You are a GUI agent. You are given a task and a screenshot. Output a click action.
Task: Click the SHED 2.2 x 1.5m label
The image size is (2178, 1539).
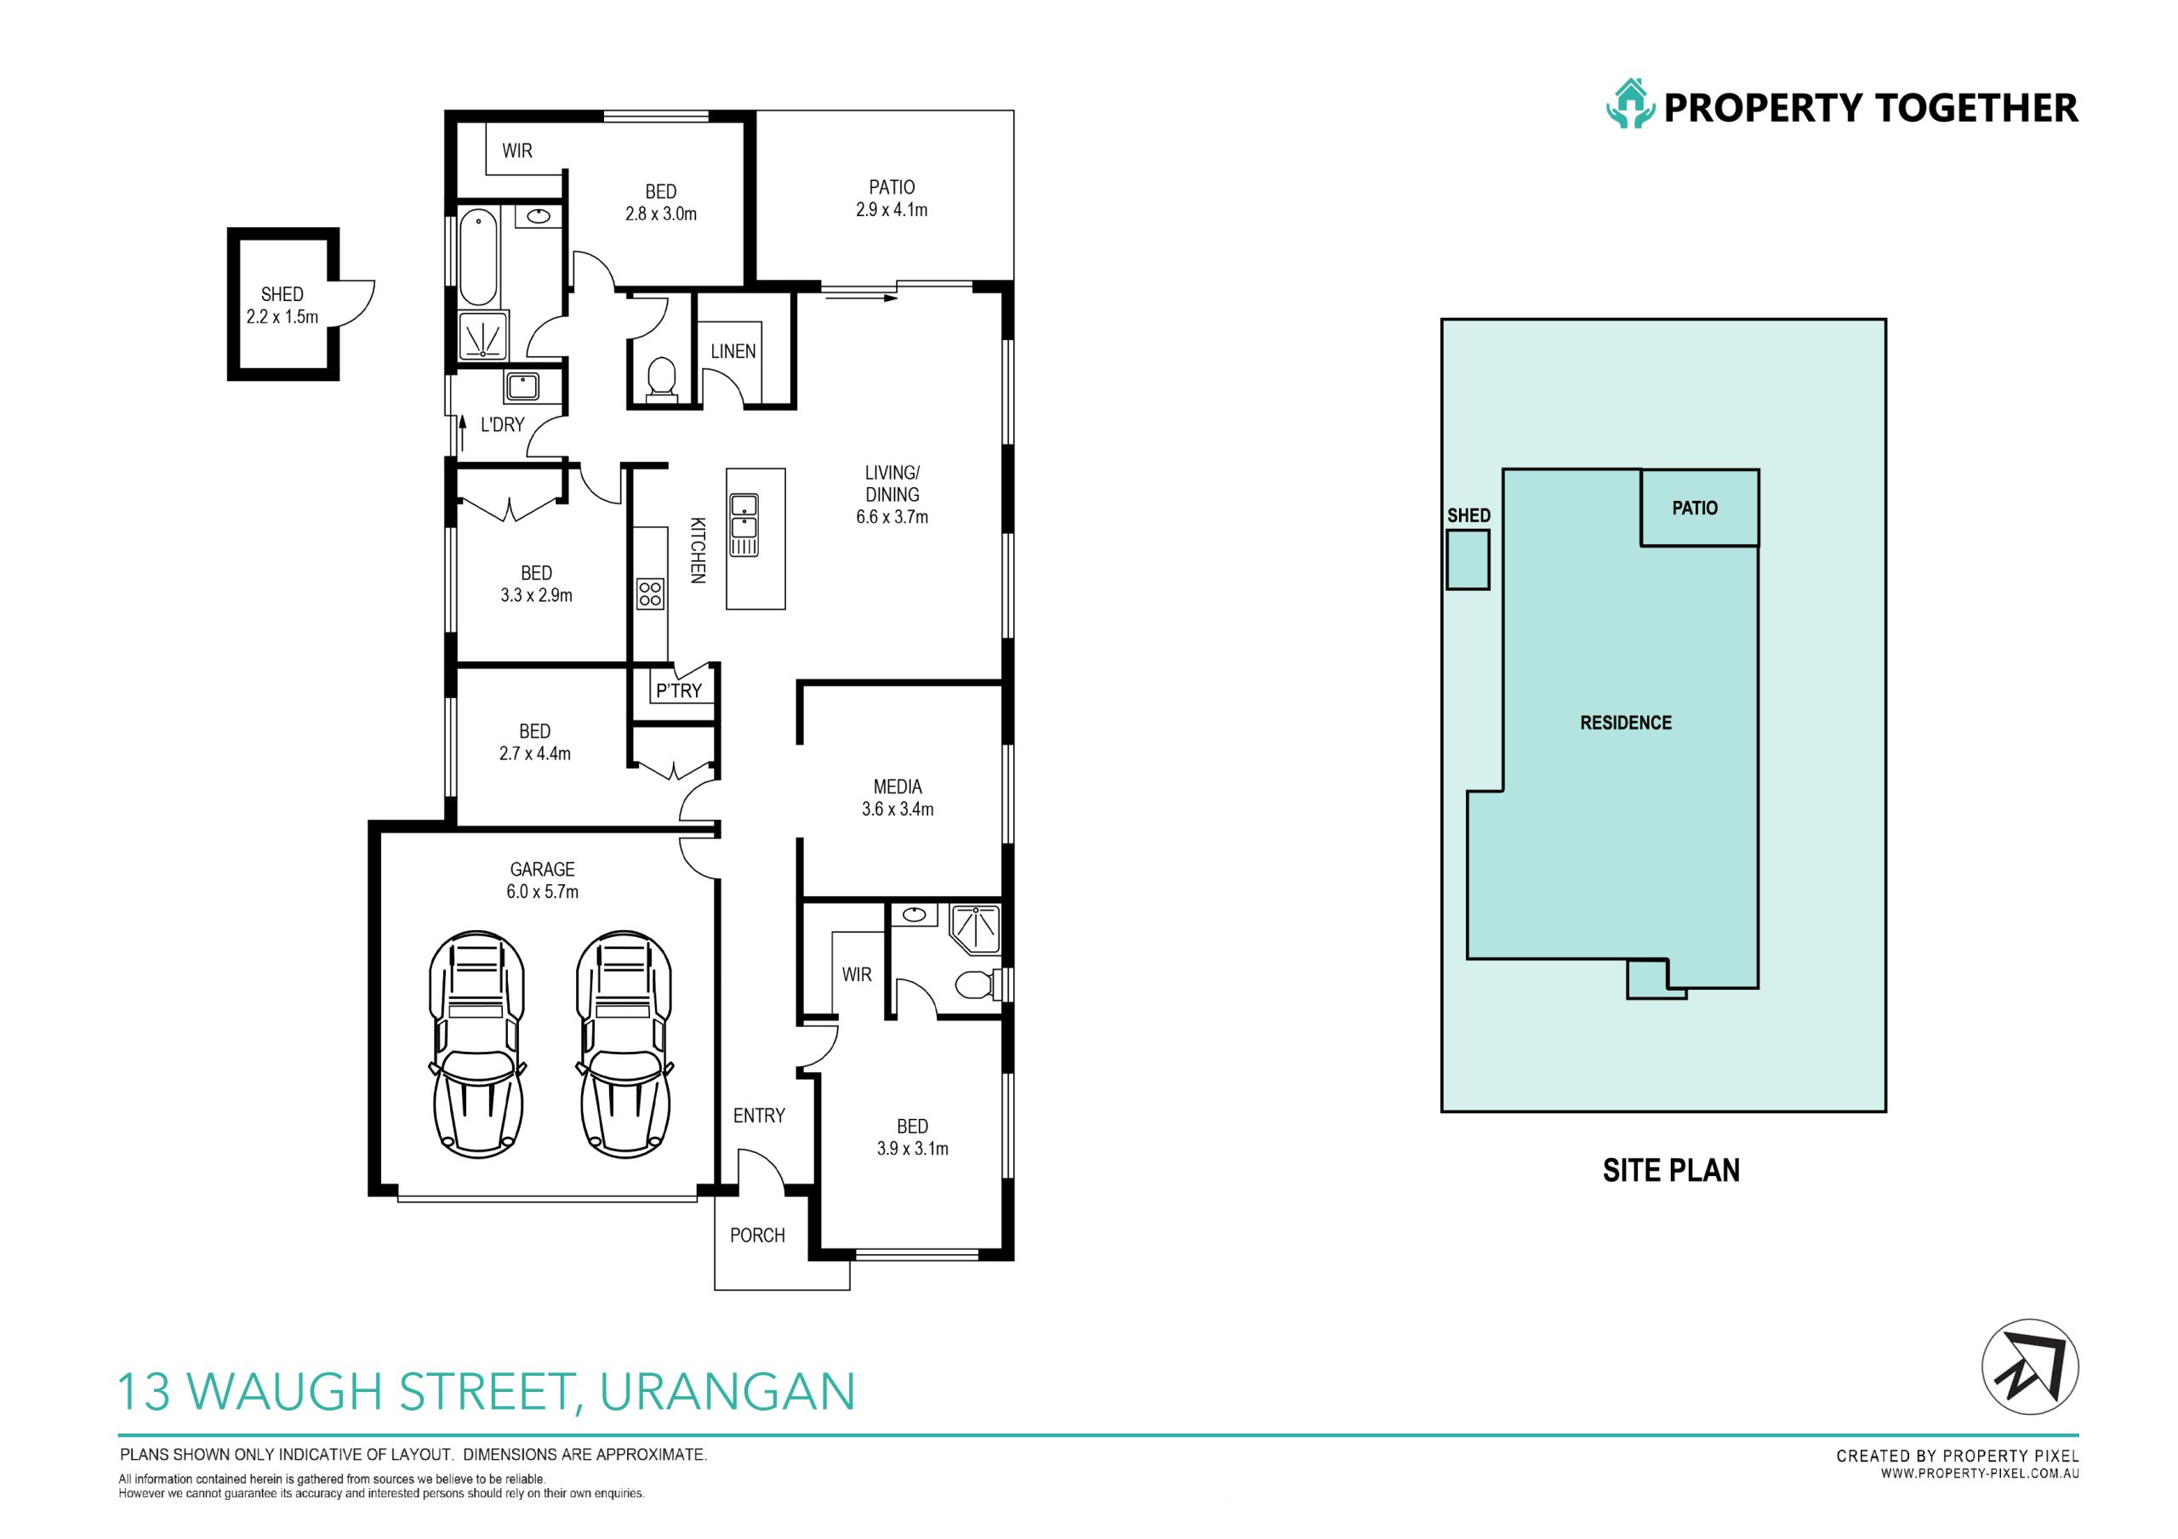pyautogui.click(x=282, y=305)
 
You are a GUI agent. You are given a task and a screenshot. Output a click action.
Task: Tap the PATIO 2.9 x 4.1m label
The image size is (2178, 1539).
pyautogui.click(x=892, y=198)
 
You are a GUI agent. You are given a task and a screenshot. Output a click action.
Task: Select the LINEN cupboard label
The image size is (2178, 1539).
pyautogui.click(x=733, y=351)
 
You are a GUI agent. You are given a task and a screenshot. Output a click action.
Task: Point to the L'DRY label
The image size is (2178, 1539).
pyautogui.click(x=502, y=425)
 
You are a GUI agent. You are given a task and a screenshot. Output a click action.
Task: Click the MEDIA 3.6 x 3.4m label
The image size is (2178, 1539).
pyautogui.click(x=898, y=798)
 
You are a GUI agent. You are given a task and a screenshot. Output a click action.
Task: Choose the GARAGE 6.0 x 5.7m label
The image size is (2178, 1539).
pyautogui.click(x=543, y=880)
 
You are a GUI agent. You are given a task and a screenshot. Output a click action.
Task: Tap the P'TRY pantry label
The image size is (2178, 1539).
pyautogui.click(x=679, y=690)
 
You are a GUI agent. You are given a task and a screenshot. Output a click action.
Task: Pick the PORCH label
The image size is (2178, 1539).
pyautogui.click(x=757, y=1235)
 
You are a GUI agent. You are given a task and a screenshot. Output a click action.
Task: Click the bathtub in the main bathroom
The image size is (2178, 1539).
pyautogui.click(x=479, y=257)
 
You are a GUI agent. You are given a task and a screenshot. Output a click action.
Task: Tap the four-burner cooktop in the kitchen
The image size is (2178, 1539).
pyautogui.click(x=651, y=593)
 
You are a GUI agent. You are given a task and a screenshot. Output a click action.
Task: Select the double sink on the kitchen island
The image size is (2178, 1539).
pyautogui.click(x=744, y=525)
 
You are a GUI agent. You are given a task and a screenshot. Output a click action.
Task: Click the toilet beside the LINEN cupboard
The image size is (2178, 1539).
pyautogui.click(x=661, y=378)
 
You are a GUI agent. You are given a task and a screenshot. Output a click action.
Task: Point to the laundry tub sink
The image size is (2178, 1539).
pyautogui.click(x=522, y=387)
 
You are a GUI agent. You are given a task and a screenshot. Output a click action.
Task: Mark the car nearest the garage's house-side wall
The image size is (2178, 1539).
pyautogui.click(x=624, y=1044)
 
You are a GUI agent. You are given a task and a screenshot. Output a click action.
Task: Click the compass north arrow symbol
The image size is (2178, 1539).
pyautogui.click(x=2030, y=1367)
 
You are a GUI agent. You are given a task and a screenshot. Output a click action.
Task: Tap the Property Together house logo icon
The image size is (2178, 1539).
pyautogui.click(x=1630, y=105)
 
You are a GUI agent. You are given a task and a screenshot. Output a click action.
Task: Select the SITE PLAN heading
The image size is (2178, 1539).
pyautogui.click(x=1672, y=1170)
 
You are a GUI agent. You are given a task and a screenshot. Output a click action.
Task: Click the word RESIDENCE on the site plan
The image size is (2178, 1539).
pyautogui.click(x=1626, y=723)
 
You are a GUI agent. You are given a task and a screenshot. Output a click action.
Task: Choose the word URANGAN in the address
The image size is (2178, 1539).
pyautogui.click(x=727, y=1391)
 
